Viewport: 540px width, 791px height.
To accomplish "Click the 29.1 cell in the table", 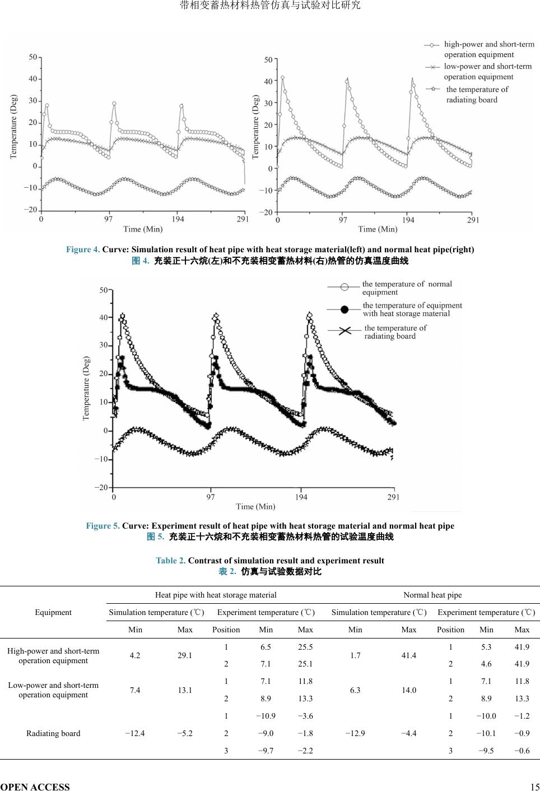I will tap(185, 655).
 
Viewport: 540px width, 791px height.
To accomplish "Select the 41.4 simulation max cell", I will tap(409, 655).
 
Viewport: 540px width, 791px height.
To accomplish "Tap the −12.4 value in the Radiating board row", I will tap(135, 733).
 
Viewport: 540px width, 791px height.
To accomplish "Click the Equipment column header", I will tap(53, 612).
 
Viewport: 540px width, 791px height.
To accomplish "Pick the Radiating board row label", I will tap(53, 733).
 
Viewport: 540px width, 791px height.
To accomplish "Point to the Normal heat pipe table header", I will tap(432, 595).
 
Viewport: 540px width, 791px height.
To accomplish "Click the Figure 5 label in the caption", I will tap(103, 526).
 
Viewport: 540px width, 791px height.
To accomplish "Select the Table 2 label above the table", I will tap(170, 561).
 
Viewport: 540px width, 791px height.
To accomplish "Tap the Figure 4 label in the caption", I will tap(83, 249).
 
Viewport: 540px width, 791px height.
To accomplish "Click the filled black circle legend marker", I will tap(345, 309).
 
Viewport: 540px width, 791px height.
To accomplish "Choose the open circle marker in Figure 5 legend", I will tap(345, 287).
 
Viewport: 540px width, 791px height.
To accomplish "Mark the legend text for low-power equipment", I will tap(487, 71).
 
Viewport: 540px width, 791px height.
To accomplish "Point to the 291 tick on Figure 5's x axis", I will tap(393, 497).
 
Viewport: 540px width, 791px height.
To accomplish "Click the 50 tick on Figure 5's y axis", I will tap(104, 290).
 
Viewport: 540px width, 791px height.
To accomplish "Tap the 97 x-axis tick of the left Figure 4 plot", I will tap(108, 219).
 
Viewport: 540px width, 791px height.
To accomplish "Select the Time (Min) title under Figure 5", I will tap(255, 507).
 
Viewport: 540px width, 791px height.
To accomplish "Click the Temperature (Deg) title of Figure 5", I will tap(86, 388).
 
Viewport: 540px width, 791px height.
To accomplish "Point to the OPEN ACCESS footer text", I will tap(35, 787).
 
